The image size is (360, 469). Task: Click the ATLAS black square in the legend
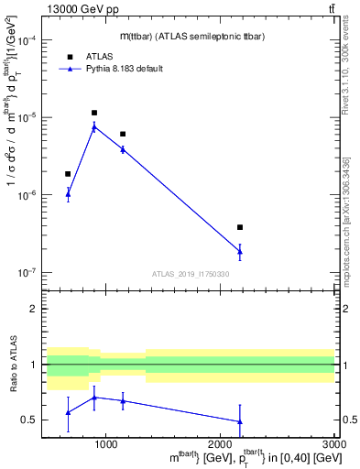pyautogui.click(x=70, y=57)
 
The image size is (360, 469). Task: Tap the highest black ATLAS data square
pyautogui.click(x=94, y=113)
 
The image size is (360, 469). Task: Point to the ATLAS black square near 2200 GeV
pyautogui.click(x=240, y=227)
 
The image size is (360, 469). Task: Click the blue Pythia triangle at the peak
pyautogui.click(x=94, y=127)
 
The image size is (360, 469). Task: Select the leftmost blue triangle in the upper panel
pyautogui.click(x=68, y=193)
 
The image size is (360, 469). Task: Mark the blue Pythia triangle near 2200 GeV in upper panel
pyautogui.click(x=240, y=251)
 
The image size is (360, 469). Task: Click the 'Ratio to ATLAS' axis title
pyautogui.click(x=13, y=365)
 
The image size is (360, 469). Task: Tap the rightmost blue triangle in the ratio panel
pyautogui.click(x=240, y=421)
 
